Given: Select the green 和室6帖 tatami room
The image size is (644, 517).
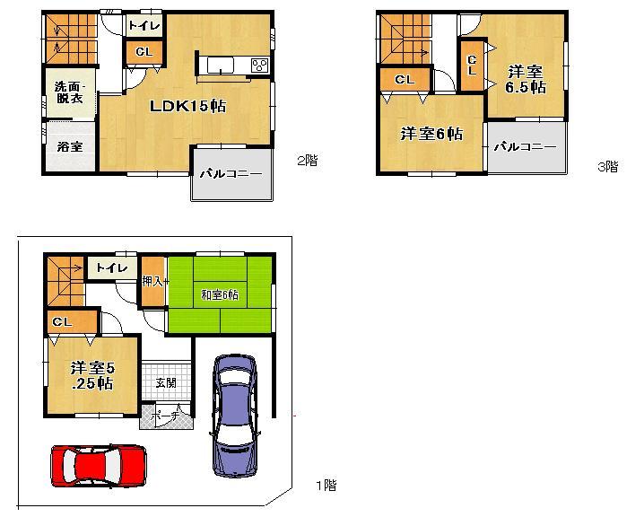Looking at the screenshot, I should [x=220, y=294].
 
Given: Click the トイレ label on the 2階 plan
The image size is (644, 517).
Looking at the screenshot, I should [x=142, y=27].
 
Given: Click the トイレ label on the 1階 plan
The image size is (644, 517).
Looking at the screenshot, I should [x=111, y=267].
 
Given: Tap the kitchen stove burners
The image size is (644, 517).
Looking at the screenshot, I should [x=259, y=65].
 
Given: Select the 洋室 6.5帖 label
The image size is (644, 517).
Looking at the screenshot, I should [x=525, y=79].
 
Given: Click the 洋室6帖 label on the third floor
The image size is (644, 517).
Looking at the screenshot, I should [x=431, y=134].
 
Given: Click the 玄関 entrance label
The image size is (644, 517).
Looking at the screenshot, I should [x=166, y=382].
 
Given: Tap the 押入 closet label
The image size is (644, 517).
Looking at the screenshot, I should [x=153, y=281].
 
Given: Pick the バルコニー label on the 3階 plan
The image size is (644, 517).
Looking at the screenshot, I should [x=526, y=146].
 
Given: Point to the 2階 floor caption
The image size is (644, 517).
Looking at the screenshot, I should [x=307, y=162].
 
